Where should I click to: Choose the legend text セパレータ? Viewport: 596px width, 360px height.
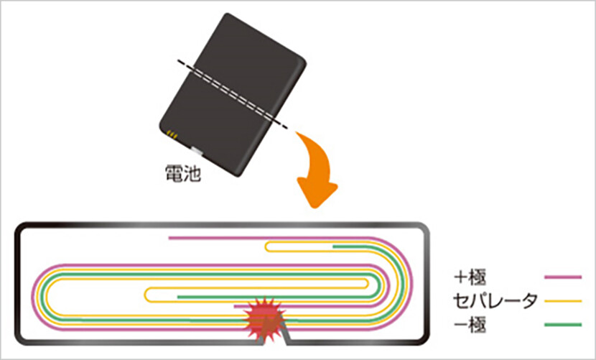click(495, 301)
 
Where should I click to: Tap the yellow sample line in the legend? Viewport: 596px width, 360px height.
click(563, 301)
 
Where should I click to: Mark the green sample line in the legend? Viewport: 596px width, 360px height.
click(563, 326)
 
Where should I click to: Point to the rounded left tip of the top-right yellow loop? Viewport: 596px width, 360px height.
click(266, 248)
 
